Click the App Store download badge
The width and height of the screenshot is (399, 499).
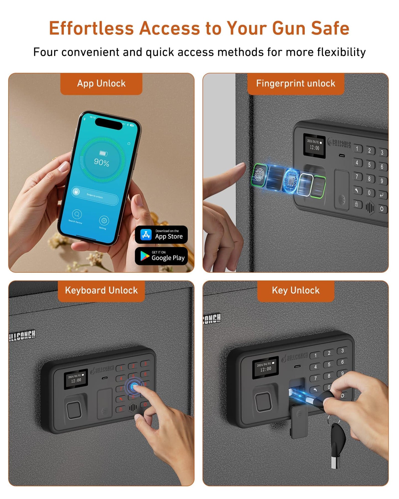[161, 235]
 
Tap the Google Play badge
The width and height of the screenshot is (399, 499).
[161, 256]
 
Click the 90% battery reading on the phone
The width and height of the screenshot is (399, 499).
[101, 162]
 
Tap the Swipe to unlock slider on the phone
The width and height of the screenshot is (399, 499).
[95, 195]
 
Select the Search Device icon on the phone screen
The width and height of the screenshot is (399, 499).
[77, 214]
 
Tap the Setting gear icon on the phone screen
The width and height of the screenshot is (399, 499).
[104, 220]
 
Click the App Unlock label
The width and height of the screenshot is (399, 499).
[101, 83]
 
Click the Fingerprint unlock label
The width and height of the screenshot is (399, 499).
[295, 83]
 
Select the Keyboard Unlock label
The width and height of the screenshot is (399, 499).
[101, 290]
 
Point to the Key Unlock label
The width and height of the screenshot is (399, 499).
[295, 290]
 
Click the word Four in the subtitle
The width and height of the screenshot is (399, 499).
[46, 52]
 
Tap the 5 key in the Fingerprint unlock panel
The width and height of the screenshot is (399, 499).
[369, 165]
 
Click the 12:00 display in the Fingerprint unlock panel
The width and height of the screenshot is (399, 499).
[315, 148]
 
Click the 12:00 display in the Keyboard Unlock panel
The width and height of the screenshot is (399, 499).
[76, 380]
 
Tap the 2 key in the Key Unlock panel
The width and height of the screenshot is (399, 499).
[329, 353]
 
